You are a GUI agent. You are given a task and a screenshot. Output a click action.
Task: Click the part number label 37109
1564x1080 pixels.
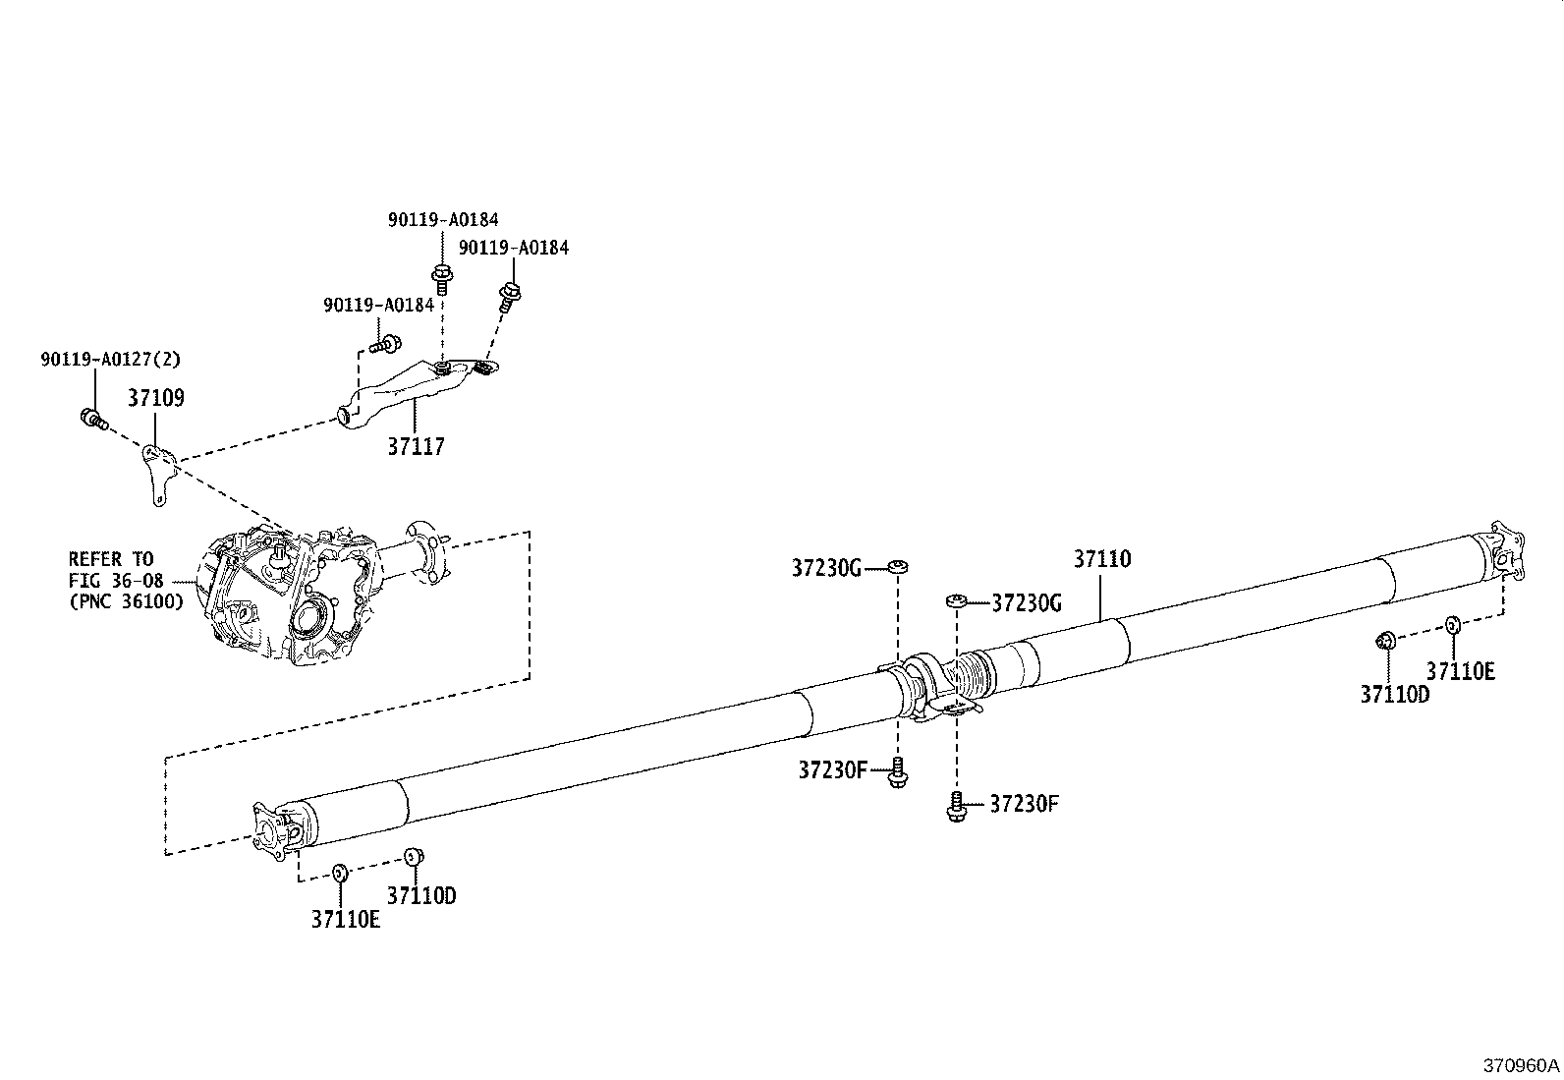click(155, 398)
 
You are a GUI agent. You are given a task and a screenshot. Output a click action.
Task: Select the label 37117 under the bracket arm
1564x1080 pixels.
click(416, 446)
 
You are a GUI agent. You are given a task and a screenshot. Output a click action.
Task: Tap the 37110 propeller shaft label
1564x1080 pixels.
click(1101, 559)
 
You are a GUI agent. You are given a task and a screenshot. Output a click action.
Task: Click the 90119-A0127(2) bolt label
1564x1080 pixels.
click(111, 360)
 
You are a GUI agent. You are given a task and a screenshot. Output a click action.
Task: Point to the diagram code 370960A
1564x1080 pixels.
click(1521, 1065)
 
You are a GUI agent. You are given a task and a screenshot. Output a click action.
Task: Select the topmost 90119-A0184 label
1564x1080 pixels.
click(442, 220)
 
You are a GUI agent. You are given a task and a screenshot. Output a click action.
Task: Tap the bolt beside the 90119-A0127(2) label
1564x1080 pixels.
click(91, 420)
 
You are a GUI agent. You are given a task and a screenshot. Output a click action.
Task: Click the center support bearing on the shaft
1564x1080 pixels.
click(928, 688)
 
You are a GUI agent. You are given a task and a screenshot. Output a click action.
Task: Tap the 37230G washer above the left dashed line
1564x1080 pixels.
click(897, 566)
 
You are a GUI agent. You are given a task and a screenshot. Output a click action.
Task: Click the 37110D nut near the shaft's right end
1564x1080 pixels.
click(1384, 641)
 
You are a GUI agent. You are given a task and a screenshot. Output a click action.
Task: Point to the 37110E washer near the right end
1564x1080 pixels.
click(1452, 624)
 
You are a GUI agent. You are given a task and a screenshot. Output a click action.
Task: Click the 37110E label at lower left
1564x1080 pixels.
click(346, 920)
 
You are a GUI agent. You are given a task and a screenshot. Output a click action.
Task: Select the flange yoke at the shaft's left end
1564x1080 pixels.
click(275, 827)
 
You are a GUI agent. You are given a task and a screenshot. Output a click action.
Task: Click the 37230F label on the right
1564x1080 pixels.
click(1024, 804)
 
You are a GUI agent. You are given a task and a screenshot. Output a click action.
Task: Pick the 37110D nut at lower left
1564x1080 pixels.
click(415, 856)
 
